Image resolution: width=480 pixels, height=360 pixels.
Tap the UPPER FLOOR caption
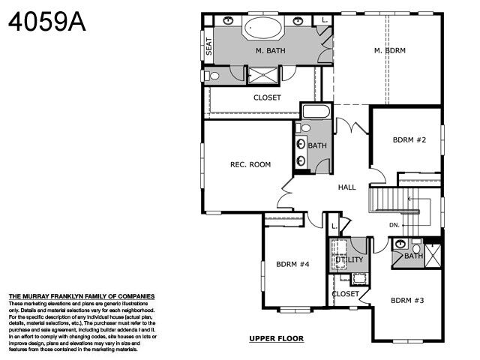tap(276, 339)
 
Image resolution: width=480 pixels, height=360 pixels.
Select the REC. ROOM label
tap(250, 164)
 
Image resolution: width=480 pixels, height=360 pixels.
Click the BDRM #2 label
tap(409, 139)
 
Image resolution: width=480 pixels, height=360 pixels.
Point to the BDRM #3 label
tap(408, 300)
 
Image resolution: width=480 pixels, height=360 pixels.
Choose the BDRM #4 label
tap(292, 264)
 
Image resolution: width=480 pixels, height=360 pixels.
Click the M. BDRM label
tap(391, 50)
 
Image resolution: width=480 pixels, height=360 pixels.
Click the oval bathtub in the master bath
tap(262, 29)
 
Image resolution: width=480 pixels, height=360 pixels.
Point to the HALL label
tap(346, 187)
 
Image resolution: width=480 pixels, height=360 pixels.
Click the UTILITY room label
tap(346, 259)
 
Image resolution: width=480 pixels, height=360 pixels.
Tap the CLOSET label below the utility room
tap(346, 294)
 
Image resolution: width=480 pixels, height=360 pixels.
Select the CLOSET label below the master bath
tap(268, 97)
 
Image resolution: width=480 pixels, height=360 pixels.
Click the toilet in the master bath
tap(214, 75)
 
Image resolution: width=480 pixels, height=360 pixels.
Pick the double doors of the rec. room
tap(286, 196)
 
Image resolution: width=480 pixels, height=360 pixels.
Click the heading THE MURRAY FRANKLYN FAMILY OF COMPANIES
tap(82, 296)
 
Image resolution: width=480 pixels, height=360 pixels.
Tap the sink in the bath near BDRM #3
tap(399, 245)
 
